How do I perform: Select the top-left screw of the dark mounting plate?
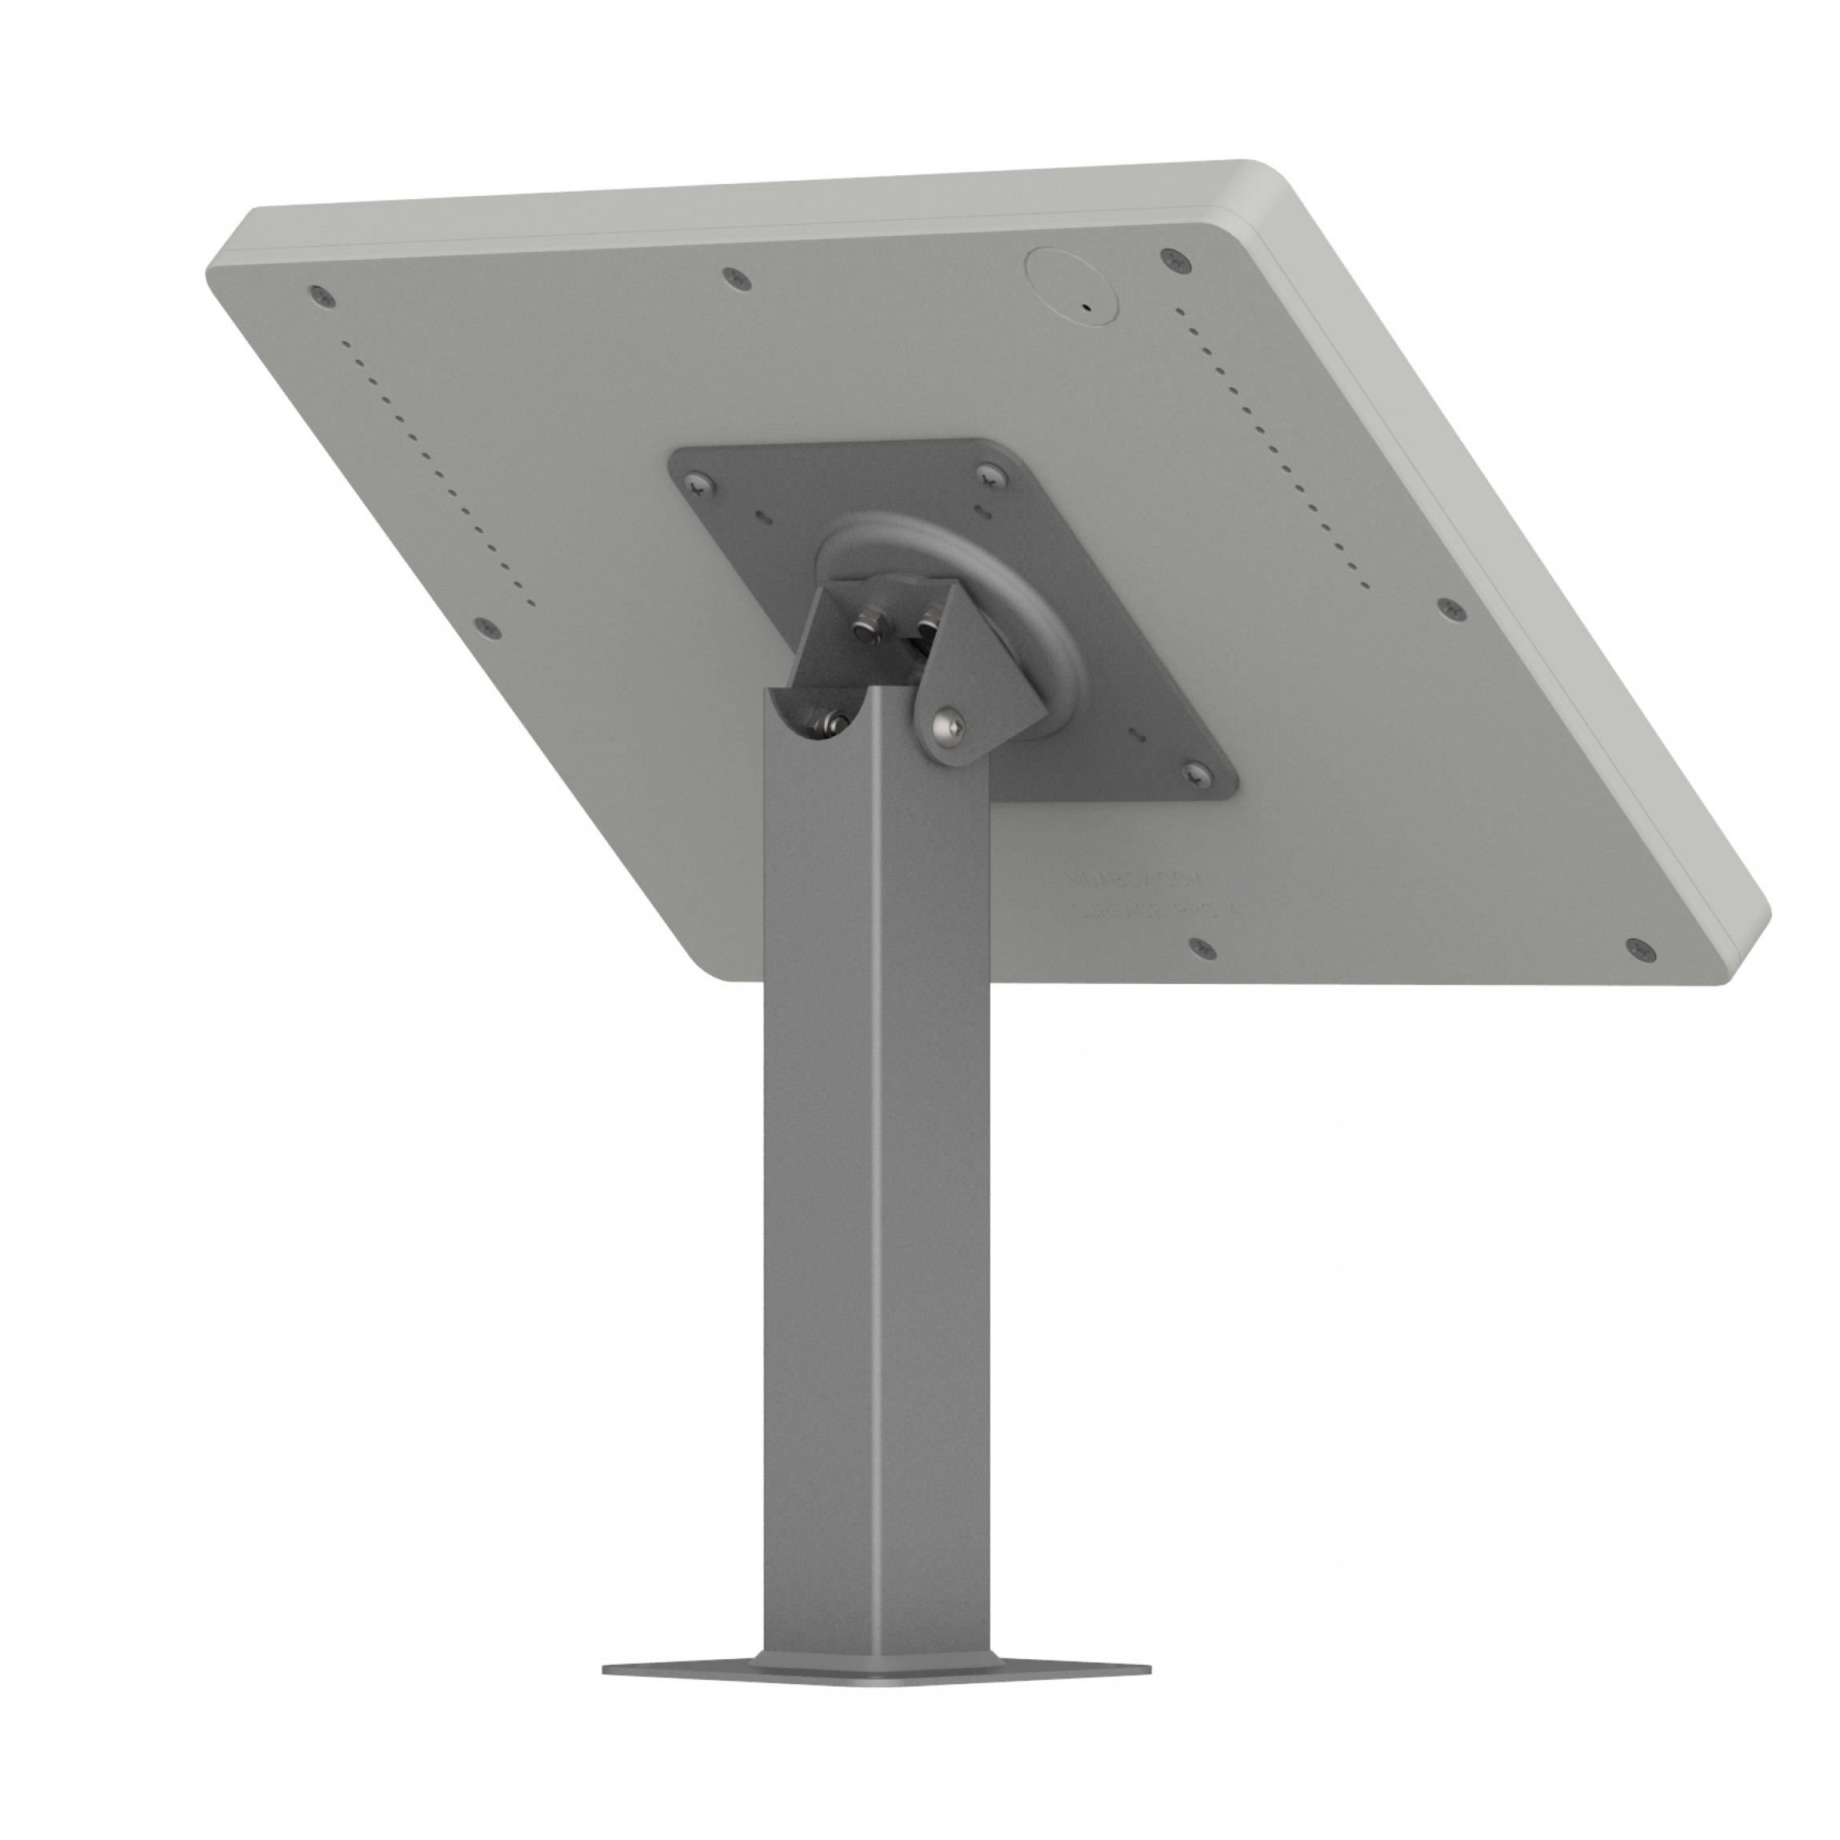point(702,481)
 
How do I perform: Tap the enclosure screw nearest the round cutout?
point(1170,259)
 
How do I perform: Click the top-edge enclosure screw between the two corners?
point(734,277)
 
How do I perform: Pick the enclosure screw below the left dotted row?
point(489,626)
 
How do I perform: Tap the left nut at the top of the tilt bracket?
point(865,629)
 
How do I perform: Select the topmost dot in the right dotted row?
point(1182,310)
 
